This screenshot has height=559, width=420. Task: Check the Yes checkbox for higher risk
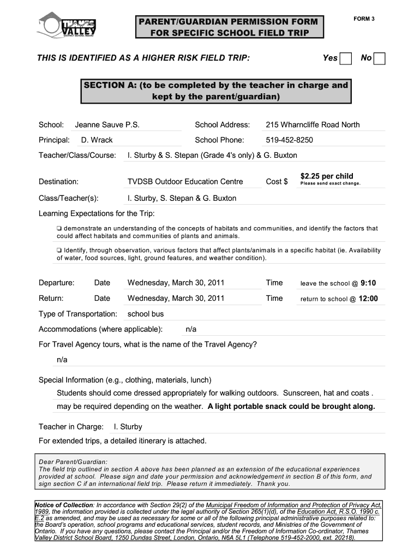tap(345, 58)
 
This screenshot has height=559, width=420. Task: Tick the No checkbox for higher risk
tap(379, 58)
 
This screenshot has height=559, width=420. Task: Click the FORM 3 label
tap(364, 19)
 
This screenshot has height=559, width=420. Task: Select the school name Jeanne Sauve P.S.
tap(107, 124)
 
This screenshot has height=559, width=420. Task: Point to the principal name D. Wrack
tap(97, 140)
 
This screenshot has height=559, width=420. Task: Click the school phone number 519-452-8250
tap(289, 140)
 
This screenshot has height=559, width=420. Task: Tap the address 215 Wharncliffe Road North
tap(313, 124)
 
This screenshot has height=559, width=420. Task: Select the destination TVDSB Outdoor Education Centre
tap(185, 181)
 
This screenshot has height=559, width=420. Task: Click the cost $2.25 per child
tap(327, 176)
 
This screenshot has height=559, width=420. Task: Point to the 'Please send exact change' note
tap(330, 184)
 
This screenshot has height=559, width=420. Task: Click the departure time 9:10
tap(368, 283)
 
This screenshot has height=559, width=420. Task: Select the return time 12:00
tap(368, 299)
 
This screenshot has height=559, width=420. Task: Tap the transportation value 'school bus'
tap(146, 314)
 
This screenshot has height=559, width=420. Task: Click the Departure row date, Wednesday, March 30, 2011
tap(176, 283)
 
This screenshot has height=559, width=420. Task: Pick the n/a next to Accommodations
tap(191, 329)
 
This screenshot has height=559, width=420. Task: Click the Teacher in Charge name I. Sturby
tap(128, 426)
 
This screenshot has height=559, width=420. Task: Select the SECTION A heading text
tap(215, 91)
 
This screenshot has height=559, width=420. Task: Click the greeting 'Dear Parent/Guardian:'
tap(73, 461)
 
